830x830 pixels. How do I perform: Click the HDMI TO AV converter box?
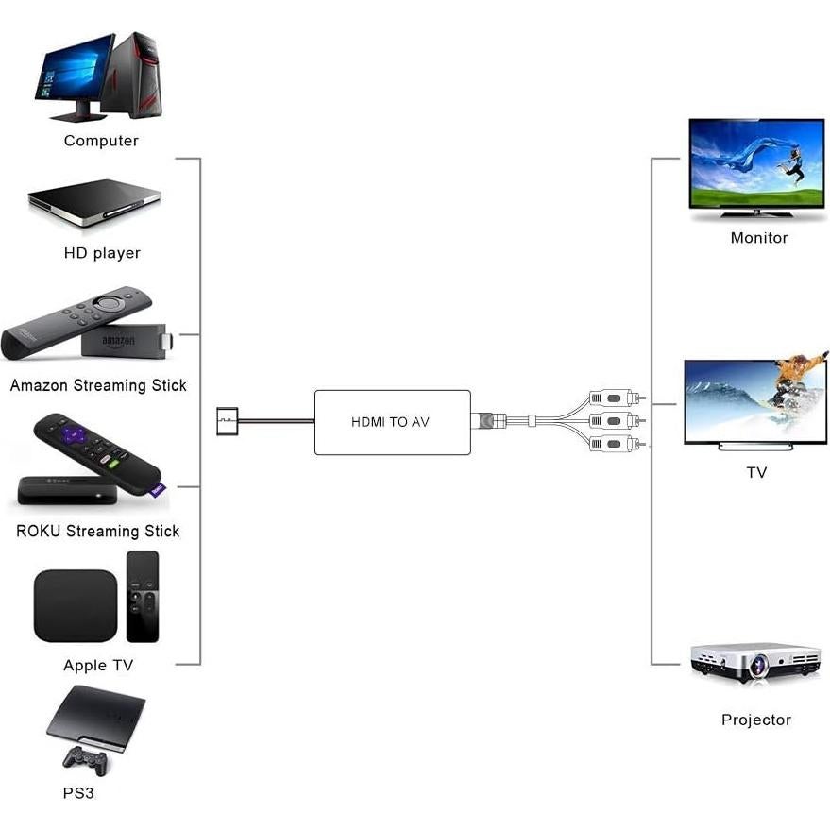coord(392,422)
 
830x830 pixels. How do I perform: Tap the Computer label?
coord(101,141)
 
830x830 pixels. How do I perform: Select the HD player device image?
coord(94,202)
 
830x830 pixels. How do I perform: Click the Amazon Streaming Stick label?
coord(98,385)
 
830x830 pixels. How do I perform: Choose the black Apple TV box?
coord(76,606)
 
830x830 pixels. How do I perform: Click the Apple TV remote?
coord(143,596)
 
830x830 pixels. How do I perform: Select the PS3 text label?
coord(78,793)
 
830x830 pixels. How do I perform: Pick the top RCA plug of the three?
coord(613,398)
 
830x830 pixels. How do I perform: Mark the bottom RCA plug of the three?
coord(613,443)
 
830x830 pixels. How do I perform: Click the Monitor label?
coord(758,238)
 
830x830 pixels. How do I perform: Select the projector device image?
coord(755,663)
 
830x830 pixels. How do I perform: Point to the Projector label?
coord(755,720)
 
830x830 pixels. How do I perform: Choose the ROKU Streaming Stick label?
coord(98,531)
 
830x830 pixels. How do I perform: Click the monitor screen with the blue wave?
coord(756,162)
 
